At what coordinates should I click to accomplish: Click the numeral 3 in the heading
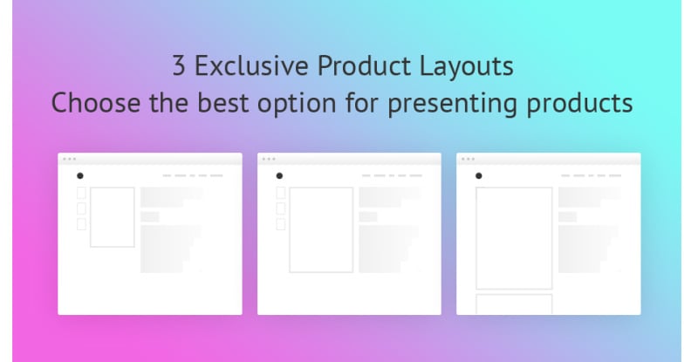(179, 65)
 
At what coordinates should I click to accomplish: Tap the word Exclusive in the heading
(251, 65)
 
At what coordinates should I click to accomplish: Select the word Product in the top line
(364, 65)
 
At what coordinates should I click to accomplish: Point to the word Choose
(96, 102)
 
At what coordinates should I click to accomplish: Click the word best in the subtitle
(223, 102)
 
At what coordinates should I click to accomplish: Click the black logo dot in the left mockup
(80, 176)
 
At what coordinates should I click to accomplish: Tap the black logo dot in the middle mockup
(279, 176)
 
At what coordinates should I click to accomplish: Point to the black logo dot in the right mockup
(479, 176)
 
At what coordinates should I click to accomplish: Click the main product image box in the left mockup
(113, 217)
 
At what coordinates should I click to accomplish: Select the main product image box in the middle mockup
(321, 229)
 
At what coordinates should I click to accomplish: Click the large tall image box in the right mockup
(514, 238)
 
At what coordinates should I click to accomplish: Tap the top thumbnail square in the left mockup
(81, 193)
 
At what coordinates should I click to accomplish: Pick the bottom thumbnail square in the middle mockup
(281, 224)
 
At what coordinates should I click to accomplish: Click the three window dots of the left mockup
(70, 159)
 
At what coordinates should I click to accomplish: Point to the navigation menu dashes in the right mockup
(592, 176)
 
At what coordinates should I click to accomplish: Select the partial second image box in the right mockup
(514, 304)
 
